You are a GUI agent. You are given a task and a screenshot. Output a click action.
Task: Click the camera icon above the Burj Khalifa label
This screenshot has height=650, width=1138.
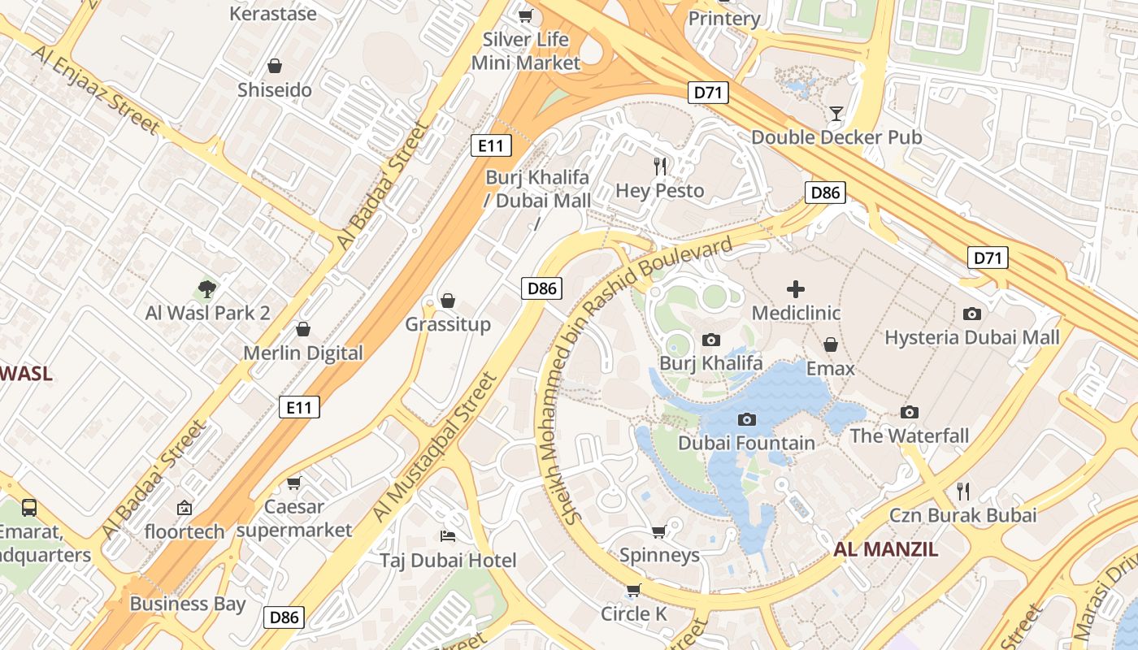pos(711,340)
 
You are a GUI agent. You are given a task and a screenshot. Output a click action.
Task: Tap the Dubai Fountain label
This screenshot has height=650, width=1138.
pos(746,443)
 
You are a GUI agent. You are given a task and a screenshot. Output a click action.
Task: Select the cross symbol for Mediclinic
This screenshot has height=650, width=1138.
pos(796,288)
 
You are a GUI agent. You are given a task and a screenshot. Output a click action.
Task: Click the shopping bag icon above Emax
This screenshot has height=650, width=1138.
pos(831,344)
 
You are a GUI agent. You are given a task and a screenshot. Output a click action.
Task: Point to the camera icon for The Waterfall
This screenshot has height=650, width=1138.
pos(910,413)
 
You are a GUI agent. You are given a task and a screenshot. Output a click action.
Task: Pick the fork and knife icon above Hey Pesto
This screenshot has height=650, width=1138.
pos(660,167)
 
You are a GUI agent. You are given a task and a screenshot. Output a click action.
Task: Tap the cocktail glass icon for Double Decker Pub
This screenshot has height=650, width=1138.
pos(836,113)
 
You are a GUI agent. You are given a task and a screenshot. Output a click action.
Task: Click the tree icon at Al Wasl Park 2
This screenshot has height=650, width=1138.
pos(207,288)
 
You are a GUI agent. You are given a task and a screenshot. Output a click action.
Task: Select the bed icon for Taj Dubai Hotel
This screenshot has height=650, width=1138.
pos(448,535)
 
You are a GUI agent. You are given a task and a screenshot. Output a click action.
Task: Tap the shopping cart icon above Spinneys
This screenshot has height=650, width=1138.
pos(659,531)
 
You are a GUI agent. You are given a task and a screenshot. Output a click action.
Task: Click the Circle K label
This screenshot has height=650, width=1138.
pos(634,613)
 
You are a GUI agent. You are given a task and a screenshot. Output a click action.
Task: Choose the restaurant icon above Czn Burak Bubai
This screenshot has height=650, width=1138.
pos(963,491)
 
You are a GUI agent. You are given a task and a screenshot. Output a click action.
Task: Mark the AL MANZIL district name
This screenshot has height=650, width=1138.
pos(886,549)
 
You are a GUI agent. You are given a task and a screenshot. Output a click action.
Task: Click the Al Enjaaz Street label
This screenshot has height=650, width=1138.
pos(95,89)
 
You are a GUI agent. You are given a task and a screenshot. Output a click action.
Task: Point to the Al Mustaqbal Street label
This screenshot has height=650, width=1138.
pos(434,447)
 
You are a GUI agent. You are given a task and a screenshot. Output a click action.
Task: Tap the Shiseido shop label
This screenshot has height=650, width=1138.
pos(275,90)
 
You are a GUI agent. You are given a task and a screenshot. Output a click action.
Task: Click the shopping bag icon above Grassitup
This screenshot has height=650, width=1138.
pos(448,301)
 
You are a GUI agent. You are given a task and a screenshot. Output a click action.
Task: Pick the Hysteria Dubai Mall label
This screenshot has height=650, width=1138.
pos(972,337)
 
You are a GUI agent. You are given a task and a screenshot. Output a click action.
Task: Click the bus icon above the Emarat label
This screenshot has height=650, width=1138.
pos(29,508)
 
